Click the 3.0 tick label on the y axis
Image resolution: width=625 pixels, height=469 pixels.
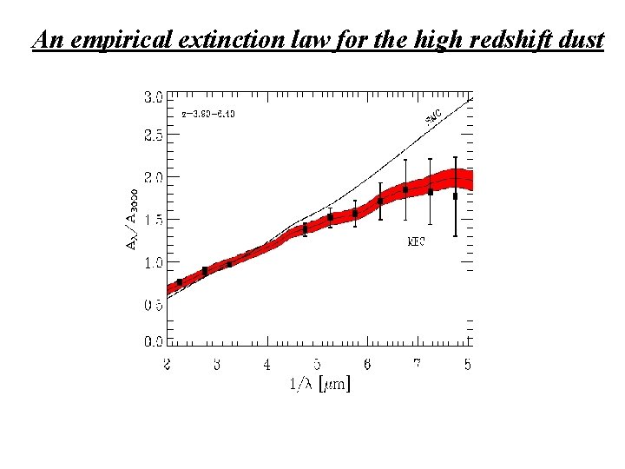[152, 97]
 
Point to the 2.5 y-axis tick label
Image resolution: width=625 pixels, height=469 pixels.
[152, 136]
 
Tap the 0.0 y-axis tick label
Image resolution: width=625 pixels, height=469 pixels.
[152, 342]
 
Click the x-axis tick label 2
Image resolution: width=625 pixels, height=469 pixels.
[168, 365]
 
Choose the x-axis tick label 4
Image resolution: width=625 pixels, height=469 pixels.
[267, 365]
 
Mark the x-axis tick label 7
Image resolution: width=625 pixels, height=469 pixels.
[418, 365]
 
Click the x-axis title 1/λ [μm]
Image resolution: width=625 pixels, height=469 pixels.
[319, 382]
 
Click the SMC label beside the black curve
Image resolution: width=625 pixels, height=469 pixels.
[433, 116]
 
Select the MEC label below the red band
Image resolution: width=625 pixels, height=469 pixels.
[416, 242]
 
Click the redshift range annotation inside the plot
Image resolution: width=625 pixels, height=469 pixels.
[208, 114]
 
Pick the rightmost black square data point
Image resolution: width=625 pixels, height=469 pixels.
[456, 196]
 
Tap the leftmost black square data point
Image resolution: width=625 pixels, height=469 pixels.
[180, 282]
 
